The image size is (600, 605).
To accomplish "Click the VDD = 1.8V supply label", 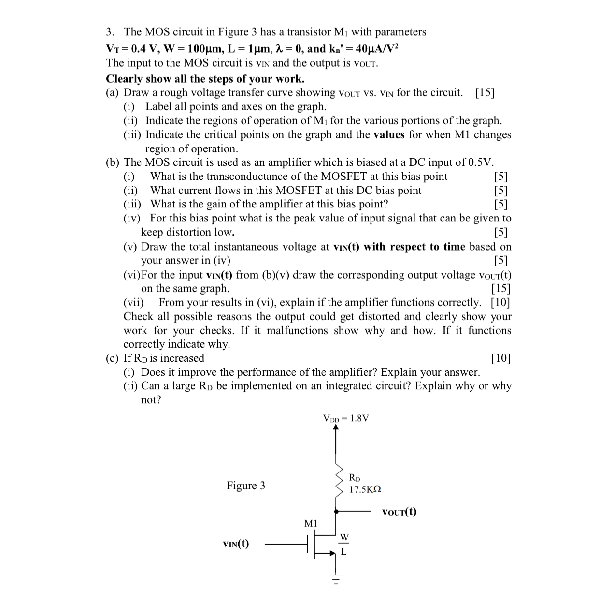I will (346, 418).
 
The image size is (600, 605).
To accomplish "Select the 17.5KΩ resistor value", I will (365, 489).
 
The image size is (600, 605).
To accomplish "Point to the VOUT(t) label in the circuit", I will (399, 512).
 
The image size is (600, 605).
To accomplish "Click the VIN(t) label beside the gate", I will (236, 544).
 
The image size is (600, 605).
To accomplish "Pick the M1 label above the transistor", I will (311, 523).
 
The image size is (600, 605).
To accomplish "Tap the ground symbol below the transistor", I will (336, 578).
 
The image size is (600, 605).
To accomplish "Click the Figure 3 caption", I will (246, 486).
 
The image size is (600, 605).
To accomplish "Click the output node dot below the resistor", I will (336, 510).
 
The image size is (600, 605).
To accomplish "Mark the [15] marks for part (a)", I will (485, 92).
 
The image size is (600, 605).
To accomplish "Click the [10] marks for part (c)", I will (500, 358).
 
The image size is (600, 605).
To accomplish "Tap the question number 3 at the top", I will (110, 32).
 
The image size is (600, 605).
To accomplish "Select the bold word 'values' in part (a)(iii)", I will (389, 134).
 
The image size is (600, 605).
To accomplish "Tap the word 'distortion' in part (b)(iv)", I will (188, 232).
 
